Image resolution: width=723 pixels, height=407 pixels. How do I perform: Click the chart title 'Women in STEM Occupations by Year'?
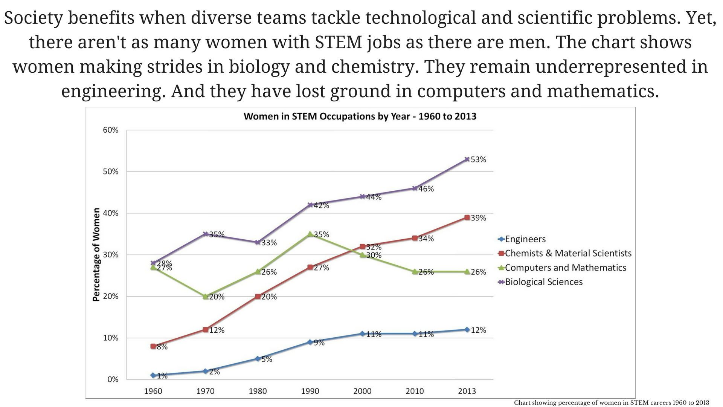tap(360, 116)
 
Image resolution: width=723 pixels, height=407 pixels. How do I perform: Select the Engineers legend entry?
tap(525, 239)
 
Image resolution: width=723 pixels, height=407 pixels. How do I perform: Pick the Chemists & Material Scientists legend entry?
tap(568, 253)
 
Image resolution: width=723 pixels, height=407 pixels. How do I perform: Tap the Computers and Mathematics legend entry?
tap(565, 268)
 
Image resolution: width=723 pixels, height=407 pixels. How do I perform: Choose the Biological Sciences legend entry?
tap(543, 282)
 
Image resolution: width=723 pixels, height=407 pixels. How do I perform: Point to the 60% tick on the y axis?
tap(110, 130)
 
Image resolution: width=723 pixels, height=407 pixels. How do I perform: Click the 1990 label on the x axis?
tap(310, 391)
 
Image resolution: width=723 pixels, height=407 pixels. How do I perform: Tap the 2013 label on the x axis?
tap(467, 391)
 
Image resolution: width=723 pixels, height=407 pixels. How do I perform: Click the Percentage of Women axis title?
tap(96, 255)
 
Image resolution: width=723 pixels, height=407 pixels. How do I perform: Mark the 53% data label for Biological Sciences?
tap(478, 160)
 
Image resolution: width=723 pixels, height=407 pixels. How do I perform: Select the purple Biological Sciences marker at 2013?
tap(467, 159)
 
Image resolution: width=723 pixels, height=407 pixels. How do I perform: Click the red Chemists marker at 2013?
tap(467, 217)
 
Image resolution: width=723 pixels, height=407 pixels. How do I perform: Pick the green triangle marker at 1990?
tap(310, 234)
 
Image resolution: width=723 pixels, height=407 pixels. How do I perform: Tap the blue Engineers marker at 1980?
tap(258, 359)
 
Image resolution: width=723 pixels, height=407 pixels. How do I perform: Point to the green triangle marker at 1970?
tap(205, 297)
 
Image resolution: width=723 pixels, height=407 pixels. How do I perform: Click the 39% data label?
tap(478, 218)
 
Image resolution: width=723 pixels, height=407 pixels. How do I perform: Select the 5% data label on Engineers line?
tap(267, 360)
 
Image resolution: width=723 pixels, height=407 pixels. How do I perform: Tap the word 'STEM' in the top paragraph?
tap(331, 42)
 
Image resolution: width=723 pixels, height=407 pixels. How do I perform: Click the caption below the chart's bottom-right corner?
tap(612, 403)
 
